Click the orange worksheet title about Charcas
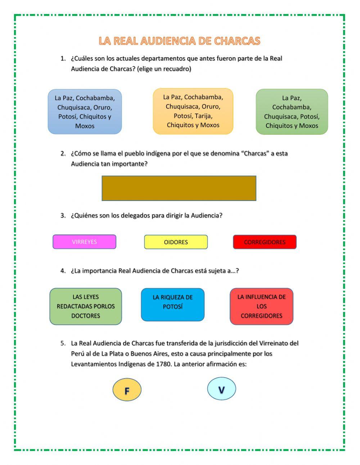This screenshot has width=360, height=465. [x=179, y=41]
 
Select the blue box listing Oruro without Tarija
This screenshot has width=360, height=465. [x=85, y=112]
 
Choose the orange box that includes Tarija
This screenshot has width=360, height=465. [x=193, y=111]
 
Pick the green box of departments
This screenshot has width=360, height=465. [x=292, y=112]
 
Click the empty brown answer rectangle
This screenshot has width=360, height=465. [x=179, y=188]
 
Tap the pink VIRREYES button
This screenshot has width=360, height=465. [x=84, y=242]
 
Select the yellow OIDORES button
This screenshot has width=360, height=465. [x=176, y=242]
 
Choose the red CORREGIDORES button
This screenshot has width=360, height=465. [x=265, y=242]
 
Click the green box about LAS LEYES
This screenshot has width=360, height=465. [x=86, y=306]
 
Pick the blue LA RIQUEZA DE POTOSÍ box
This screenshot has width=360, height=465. [x=172, y=304]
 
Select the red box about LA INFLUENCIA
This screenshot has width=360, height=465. [x=261, y=306]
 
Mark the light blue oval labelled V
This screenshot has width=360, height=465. [x=221, y=389]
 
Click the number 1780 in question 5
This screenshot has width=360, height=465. [x=164, y=364]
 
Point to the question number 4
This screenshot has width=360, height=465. [x=63, y=271]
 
